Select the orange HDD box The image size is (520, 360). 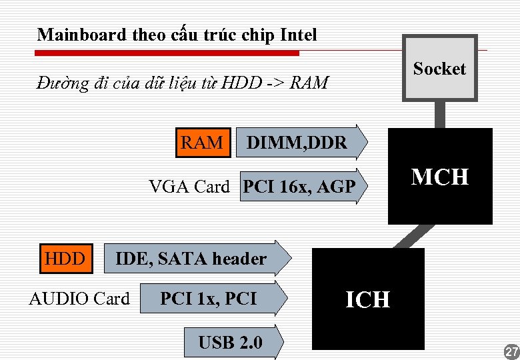point(65,259)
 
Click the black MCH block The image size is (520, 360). point(440,177)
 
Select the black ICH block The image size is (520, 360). point(368,299)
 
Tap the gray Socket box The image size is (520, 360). point(439,68)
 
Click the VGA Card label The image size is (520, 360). point(189,187)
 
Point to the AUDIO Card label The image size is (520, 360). point(79,299)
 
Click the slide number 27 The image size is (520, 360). point(511,351)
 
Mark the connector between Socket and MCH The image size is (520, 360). point(440,114)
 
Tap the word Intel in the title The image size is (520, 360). point(299,35)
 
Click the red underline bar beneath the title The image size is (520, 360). point(167,52)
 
